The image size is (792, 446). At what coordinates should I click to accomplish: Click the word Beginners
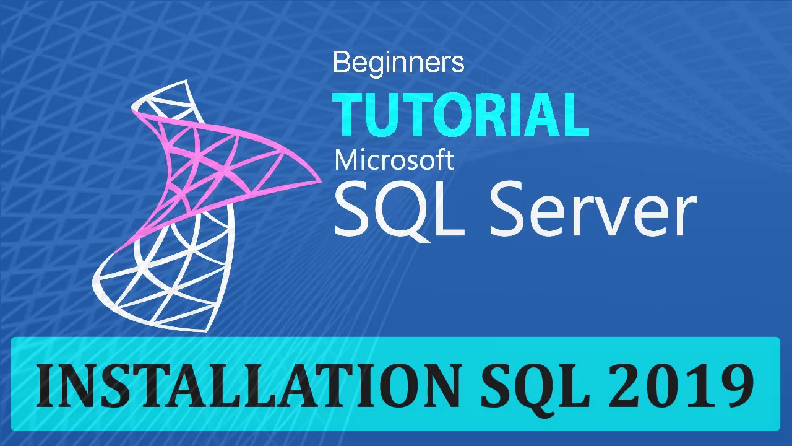coord(398,63)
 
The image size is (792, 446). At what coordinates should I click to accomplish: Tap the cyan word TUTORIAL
coord(460,115)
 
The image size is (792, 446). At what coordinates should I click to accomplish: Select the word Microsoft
coord(394,160)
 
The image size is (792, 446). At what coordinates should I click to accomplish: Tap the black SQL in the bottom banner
coord(535,385)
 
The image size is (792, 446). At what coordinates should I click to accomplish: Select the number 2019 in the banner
coord(681,385)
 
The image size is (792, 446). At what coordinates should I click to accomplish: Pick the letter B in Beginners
coord(341,63)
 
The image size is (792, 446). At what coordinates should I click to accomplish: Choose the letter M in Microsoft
coord(346,160)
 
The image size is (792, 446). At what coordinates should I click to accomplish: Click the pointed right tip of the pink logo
coord(320,181)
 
